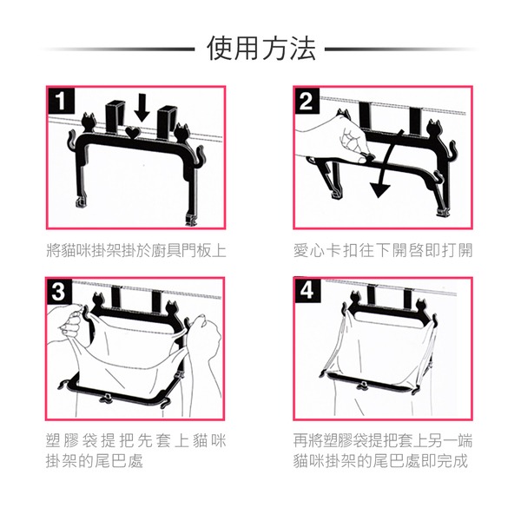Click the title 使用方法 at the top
point(261,49)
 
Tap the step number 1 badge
point(61,101)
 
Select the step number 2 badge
point(307,101)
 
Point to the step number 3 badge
point(58,292)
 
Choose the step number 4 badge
point(307,291)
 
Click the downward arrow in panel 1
point(142,108)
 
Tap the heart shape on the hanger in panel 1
point(134,132)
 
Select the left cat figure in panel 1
point(88,122)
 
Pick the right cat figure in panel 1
point(181,133)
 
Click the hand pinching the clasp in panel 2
point(335,140)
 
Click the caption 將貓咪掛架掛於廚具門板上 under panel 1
point(136,251)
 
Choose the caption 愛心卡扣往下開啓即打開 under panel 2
point(383,251)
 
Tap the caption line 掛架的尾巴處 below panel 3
point(95,461)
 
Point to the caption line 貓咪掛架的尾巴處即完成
point(380,461)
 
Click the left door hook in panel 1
point(113,116)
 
